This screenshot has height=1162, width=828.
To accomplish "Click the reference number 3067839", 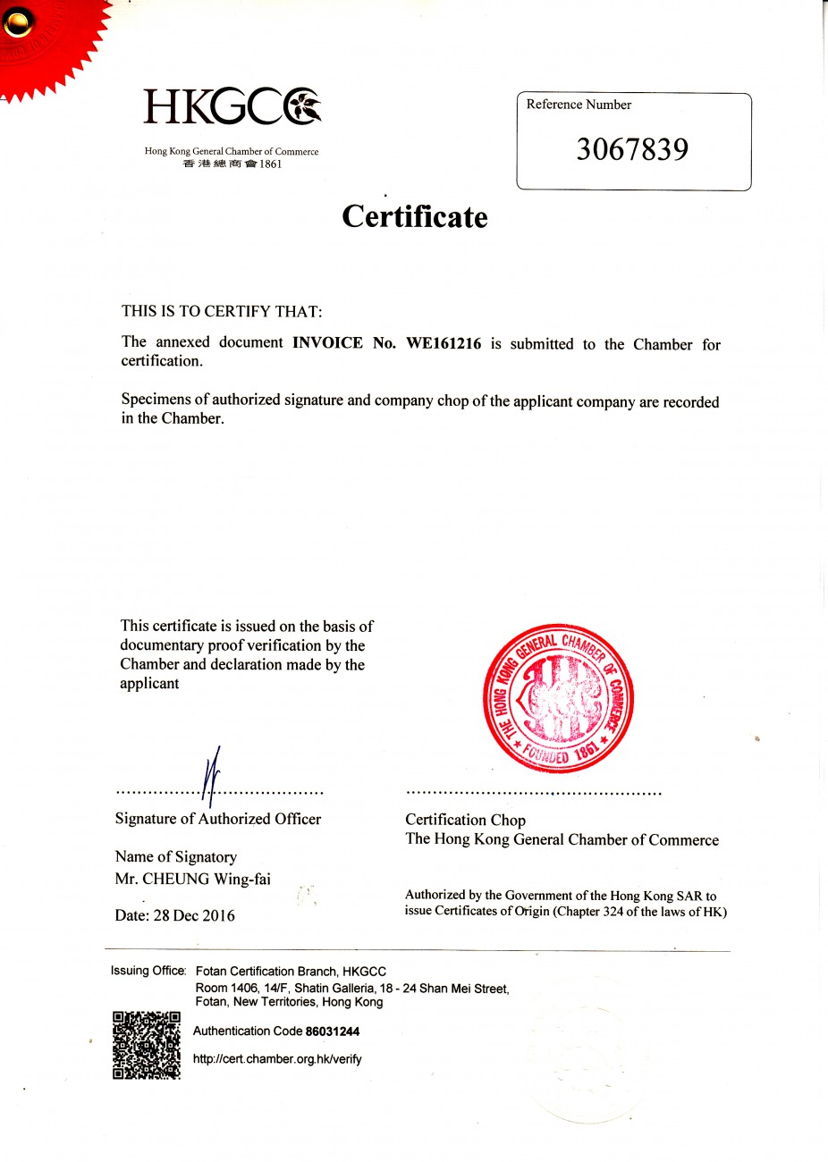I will pos(632,149).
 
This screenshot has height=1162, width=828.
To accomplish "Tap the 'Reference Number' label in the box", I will pos(579,105).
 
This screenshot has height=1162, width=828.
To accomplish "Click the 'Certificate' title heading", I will pos(415,217).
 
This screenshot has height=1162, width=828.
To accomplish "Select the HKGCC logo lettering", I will pos(232,106).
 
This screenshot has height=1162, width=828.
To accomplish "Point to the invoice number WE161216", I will pos(444,343).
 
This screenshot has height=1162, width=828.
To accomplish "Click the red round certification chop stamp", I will pos(558,698).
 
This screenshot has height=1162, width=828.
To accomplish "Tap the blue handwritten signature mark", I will pos(212,776).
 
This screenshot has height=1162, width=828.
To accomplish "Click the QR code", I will pos(147,1045).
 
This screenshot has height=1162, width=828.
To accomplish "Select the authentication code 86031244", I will pos(333,1031).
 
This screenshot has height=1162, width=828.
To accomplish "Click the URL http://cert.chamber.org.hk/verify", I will pos(277,1059).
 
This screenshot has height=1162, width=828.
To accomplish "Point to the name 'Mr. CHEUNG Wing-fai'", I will pos(193,879).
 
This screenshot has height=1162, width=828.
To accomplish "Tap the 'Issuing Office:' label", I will pos(148,971).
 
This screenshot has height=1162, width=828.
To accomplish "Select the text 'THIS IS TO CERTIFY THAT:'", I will pos(222,311).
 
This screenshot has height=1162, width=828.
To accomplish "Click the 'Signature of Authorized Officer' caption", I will pos(218,819).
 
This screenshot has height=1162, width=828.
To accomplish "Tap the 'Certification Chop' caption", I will pos(465,820).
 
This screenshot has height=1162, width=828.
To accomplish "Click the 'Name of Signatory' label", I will pos(176,856).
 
